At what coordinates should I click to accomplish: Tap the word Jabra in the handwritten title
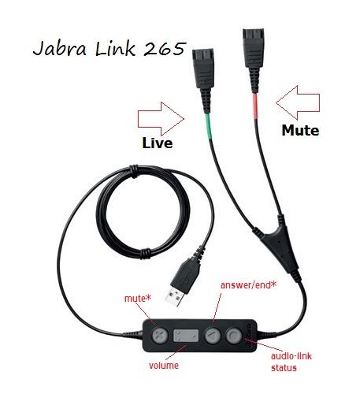[60, 49]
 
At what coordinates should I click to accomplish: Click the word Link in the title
[115, 49]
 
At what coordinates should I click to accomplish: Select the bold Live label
[158, 143]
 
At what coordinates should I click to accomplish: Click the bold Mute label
[300, 130]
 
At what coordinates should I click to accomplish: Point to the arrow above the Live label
[161, 119]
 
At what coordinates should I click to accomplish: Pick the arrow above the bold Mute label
[298, 102]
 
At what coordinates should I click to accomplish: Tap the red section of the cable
[255, 106]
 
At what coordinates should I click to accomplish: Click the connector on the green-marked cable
[203, 76]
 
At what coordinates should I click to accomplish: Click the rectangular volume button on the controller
[186, 336]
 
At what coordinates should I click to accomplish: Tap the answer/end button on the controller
[213, 336]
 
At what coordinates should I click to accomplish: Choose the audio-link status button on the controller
[234, 335]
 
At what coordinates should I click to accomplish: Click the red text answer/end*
[248, 285]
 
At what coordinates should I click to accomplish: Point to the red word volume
[164, 366]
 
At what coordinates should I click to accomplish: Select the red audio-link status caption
[291, 362]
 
